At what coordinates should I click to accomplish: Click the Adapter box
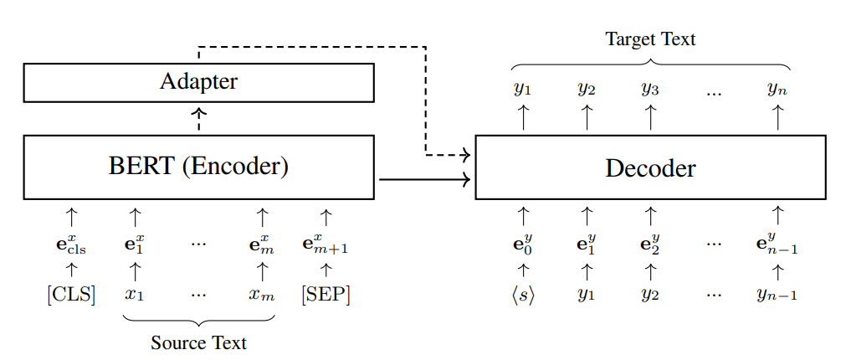click(198, 82)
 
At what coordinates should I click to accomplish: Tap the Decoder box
click(650, 167)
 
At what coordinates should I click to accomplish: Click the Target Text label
click(650, 39)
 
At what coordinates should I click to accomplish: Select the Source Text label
click(198, 342)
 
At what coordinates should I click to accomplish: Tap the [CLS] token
click(71, 296)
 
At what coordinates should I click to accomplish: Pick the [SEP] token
click(326, 296)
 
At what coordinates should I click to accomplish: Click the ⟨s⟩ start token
click(523, 296)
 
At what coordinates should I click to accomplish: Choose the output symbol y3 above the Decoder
click(650, 88)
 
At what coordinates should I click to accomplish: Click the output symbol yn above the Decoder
click(777, 88)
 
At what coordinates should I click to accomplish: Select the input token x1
click(135, 296)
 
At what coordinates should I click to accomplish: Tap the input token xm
click(262, 296)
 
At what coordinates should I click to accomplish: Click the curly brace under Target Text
click(650, 63)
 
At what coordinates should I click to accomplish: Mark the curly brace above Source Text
click(198, 320)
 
